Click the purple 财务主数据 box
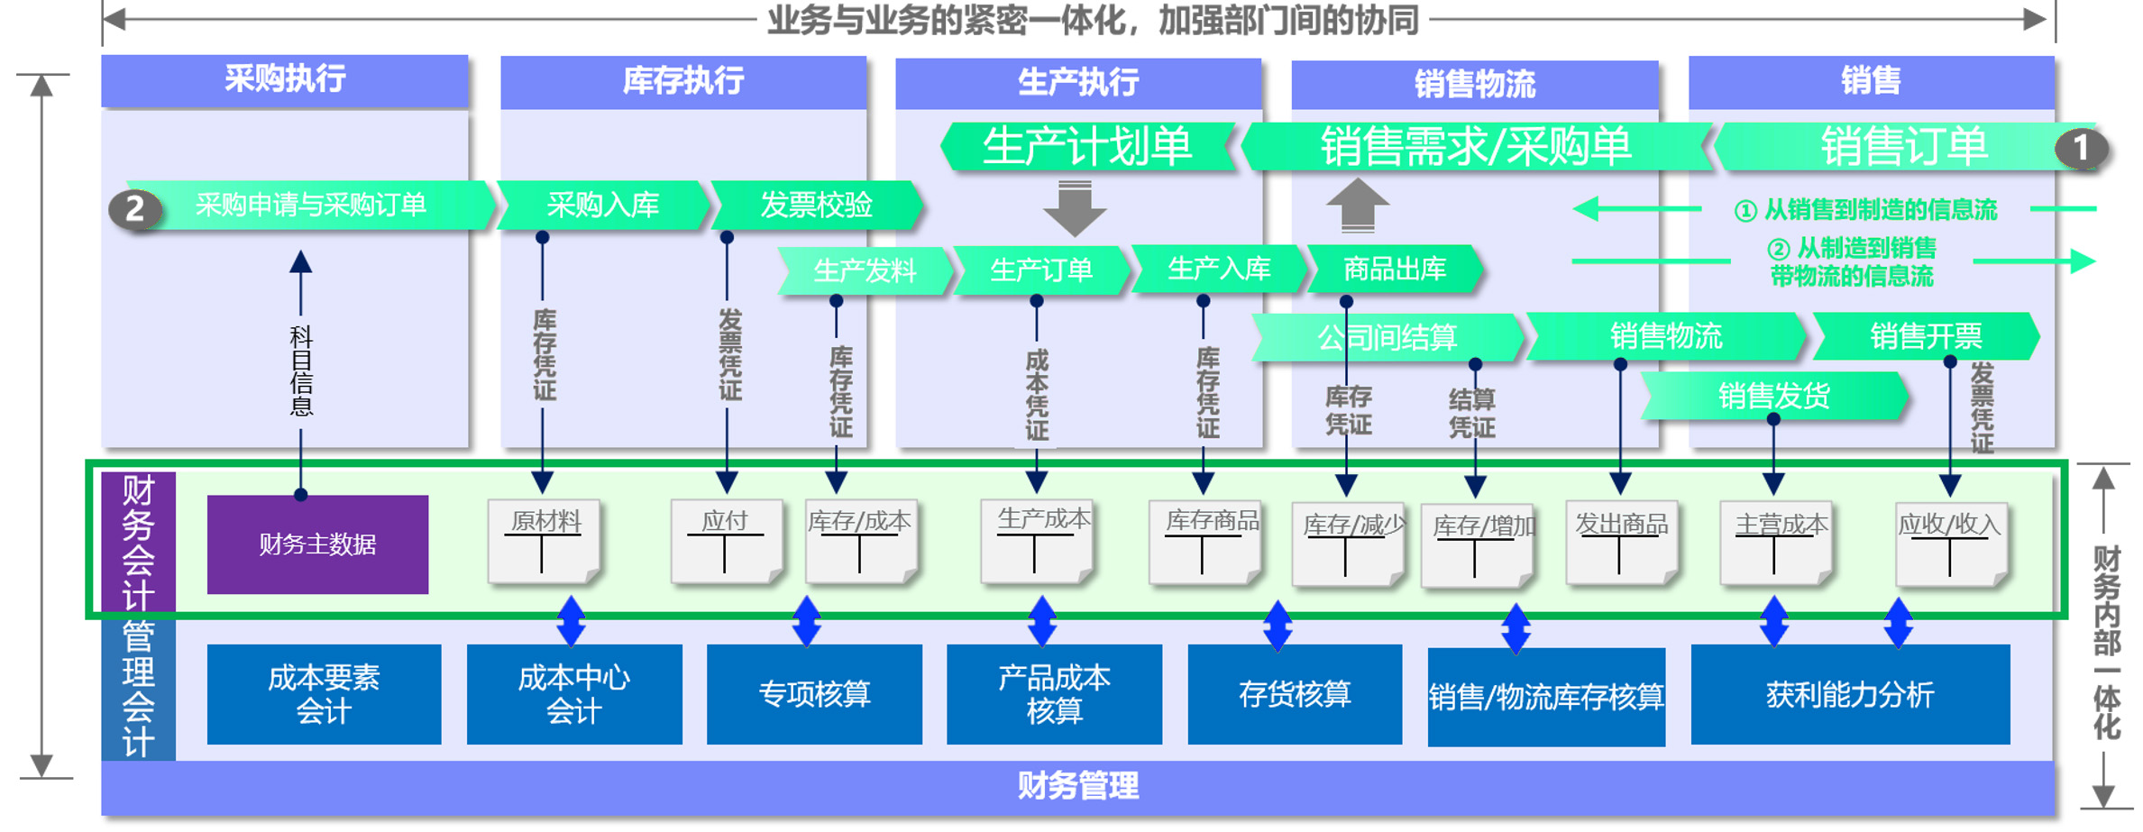coord(317,544)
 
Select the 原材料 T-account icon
coord(544,542)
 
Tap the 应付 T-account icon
coord(726,542)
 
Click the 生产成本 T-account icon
coord(1037,542)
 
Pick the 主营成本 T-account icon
coord(1775,544)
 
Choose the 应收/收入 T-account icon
coord(1951,544)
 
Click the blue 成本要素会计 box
coord(324,694)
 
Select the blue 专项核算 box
coord(814,694)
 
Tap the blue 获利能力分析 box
coord(1850,694)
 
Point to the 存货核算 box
coord(1295,694)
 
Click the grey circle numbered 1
coord(2081,148)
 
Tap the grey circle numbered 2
coord(135,209)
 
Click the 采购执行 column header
coord(285,80)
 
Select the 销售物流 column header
coord(1475,84)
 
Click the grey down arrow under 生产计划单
coord(1074,208)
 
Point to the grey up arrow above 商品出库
coord(1357,205)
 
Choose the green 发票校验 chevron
coord(817,206)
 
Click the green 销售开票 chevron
coord(1926,336)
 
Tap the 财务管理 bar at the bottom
coord(1078,786)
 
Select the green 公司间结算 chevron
coord(1387,337)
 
